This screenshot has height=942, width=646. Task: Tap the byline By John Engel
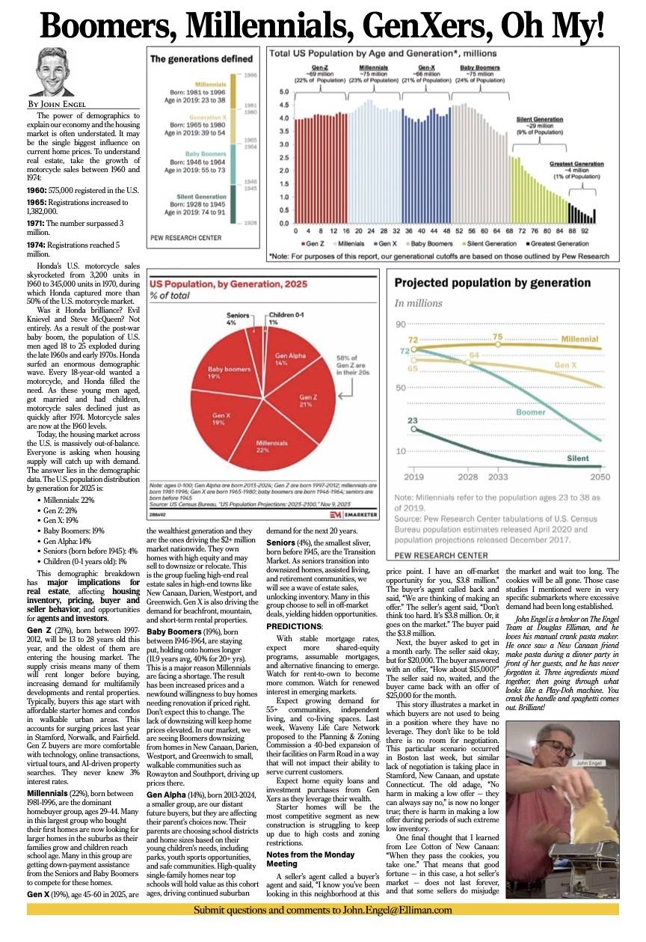57,104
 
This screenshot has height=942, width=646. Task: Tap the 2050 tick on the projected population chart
600,476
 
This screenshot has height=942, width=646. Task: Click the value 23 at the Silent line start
412,421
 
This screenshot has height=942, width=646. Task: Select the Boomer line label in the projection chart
530,412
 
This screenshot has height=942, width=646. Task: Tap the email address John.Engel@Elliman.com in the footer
389,910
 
